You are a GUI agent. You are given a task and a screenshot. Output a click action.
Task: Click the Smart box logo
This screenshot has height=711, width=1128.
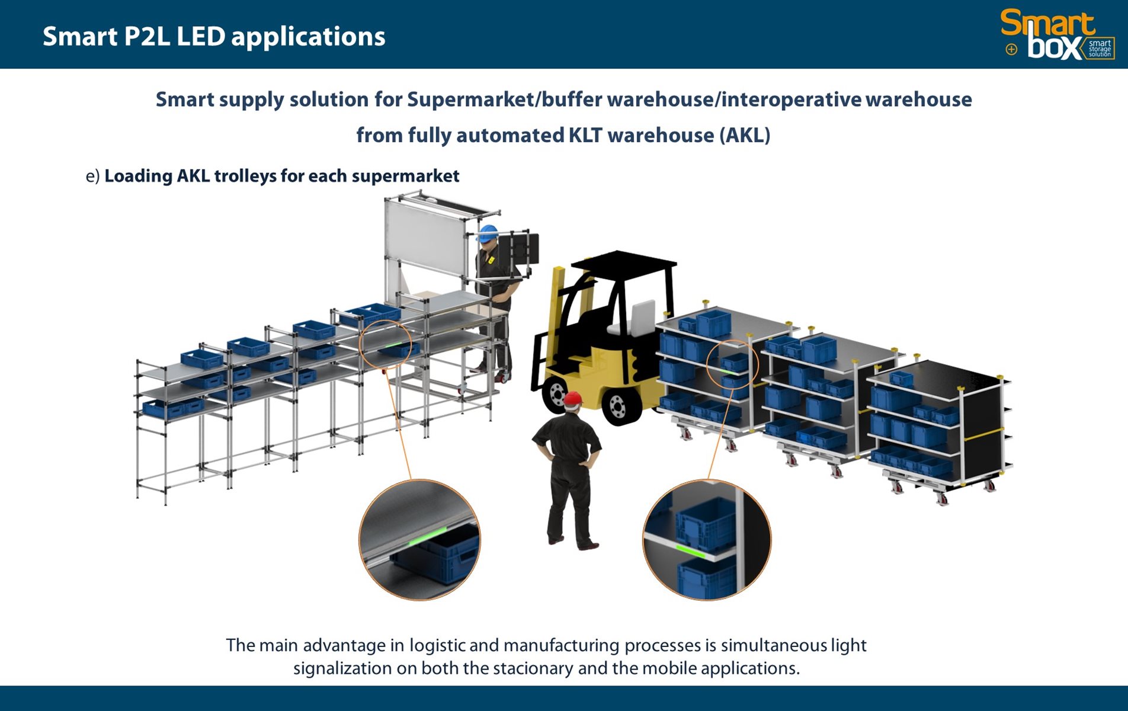pyautogui.click(x=1057, y=34)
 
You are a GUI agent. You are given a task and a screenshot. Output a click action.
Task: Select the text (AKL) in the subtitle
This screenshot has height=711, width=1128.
pyautogui.click(x=745, y=136)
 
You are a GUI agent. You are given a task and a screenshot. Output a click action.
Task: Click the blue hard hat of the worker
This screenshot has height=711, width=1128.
pyautogui.click(x=488, y=232)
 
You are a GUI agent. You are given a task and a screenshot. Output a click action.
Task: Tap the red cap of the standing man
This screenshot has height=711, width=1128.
pyautogui.click(x=572, y=399)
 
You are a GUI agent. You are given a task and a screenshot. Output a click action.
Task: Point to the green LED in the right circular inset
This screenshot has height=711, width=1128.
pyautogui.click(x=691, y=551)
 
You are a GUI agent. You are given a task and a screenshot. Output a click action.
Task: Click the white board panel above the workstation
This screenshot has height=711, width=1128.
pyautogui.click(x=424, y=237)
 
